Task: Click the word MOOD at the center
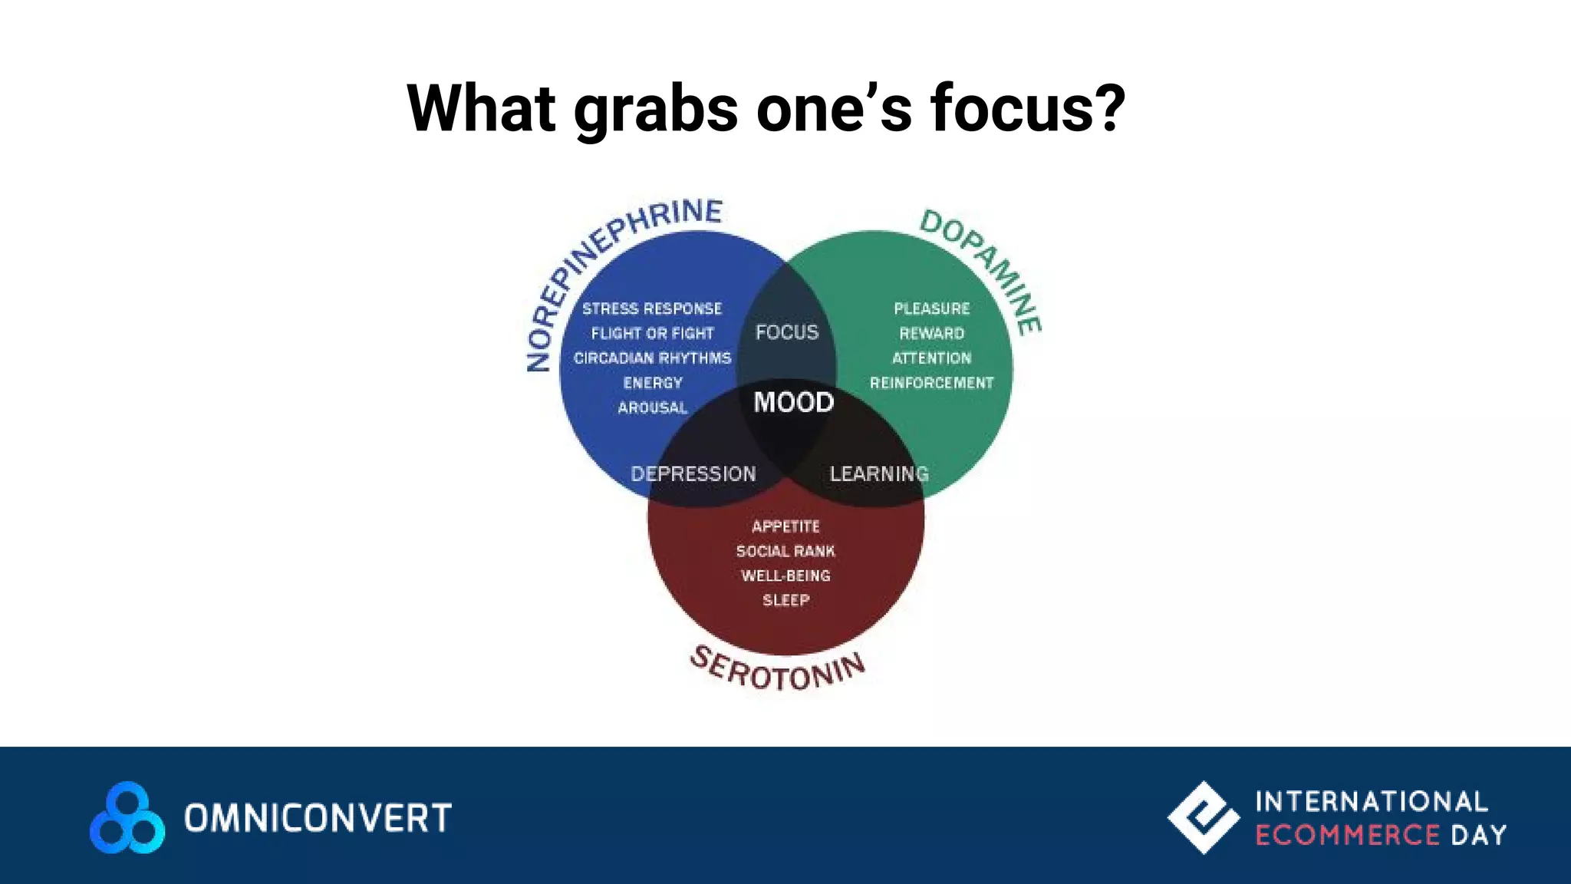[793, 402]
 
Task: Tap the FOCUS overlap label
[787, 332]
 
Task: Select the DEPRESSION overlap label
[693, 473]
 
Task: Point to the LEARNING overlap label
[879, 473]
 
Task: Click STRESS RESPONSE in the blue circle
[652, 308]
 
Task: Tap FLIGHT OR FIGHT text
[652, 333]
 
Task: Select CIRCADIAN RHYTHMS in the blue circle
[652, 358]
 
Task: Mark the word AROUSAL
[653, 407]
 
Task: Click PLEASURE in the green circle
[932, 308]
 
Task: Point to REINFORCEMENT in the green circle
[931, 383]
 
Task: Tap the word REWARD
[932, 333]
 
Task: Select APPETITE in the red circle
[785, 526]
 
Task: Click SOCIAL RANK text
[785, 551]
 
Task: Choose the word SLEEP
[785, 600]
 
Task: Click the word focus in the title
[1028, 108]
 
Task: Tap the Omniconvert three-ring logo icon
[127, 818]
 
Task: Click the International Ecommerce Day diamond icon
[1203, 817]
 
